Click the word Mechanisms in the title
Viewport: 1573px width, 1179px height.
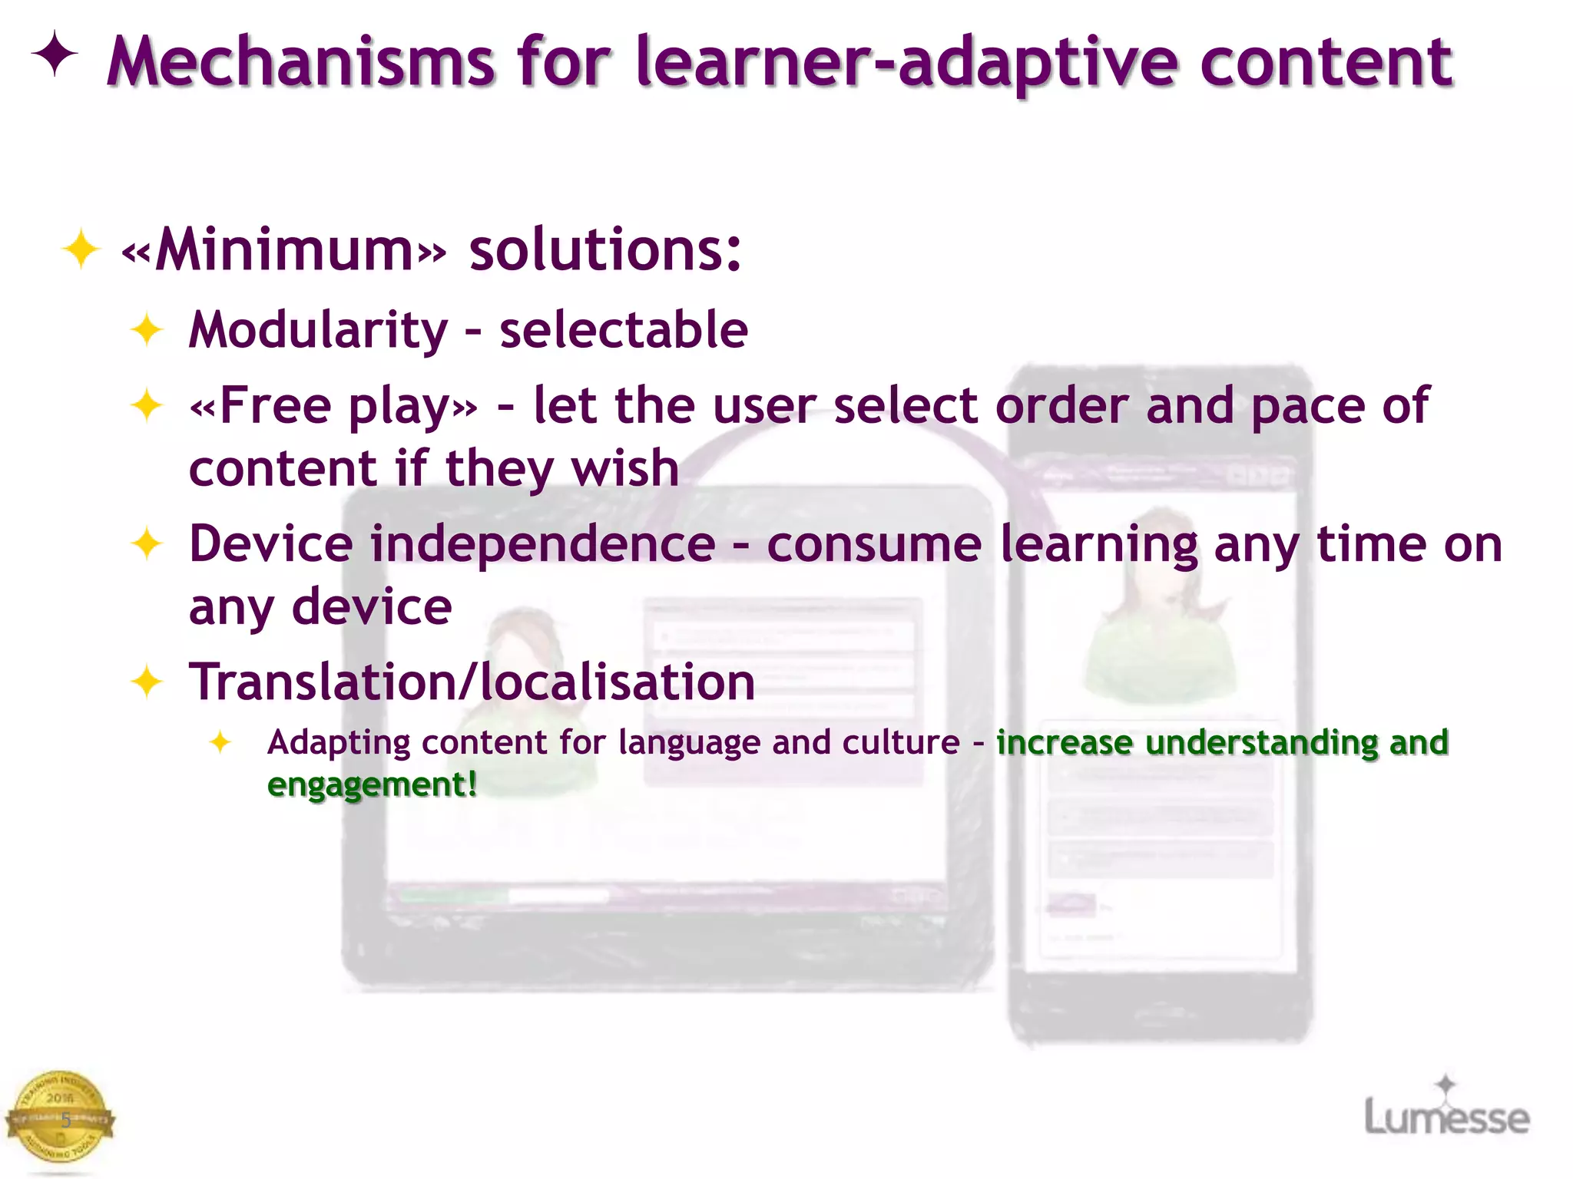coord(301,63)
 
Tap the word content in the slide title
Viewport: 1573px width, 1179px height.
coord(1326,63)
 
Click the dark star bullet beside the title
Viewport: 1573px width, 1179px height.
coord(55,54)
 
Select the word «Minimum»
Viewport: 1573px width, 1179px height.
coord(284,250)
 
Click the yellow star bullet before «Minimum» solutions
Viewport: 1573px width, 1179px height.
coord(81,249)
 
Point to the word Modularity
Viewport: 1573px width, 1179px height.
coord(318,330)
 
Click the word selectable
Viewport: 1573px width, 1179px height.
coord(624,330)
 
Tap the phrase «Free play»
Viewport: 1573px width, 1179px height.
coord(333,406)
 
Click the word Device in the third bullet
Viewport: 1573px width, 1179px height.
coord(271,544)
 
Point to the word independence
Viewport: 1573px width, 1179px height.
coord(543,544)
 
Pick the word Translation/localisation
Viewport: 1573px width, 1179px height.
coord(472,682)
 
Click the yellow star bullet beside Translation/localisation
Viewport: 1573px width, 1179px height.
coord(147,682)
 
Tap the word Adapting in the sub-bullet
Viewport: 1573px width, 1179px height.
coord(339,742)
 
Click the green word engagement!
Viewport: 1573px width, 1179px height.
coord(373,784)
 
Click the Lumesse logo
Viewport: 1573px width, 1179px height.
coord(1446,1111)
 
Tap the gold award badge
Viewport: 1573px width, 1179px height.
coord(60,1118)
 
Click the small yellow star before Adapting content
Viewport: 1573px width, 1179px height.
coord(220,741)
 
